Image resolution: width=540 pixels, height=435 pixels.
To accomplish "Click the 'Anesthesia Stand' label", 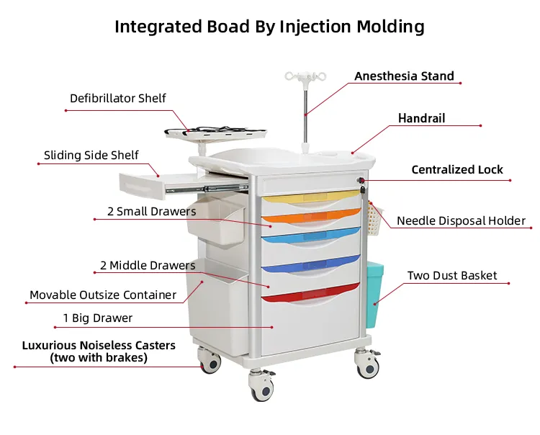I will click(x=404, y=76).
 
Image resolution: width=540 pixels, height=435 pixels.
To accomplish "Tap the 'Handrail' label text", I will click(x=422, y=118).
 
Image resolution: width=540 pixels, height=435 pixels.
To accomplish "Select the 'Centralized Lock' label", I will click(x=457, y=170).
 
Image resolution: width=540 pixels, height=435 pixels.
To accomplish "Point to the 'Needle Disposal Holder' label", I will click(x=461, y=221).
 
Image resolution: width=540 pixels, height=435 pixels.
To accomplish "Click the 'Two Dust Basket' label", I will click(x=452, y=276).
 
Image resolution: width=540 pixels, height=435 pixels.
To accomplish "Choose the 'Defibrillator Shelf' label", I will click(x=118, y=98).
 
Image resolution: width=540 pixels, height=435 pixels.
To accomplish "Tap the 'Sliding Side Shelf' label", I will click(x=91, y=155).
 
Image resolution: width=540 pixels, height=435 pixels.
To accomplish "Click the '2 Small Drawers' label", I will click(x=151, y=212).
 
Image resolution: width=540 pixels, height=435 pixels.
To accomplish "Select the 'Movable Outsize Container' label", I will click(x=103, y=295).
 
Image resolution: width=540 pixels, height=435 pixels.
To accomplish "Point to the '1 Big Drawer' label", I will click(x=98, y=318).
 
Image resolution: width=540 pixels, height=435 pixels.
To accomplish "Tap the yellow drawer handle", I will click(x=310, y=198).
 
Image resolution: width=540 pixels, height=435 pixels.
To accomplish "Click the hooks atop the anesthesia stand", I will click(x=305, y=75).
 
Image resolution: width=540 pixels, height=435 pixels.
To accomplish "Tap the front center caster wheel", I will click(x=261, y=390).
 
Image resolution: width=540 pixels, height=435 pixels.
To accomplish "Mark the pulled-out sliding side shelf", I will click(x=143, y=184).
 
